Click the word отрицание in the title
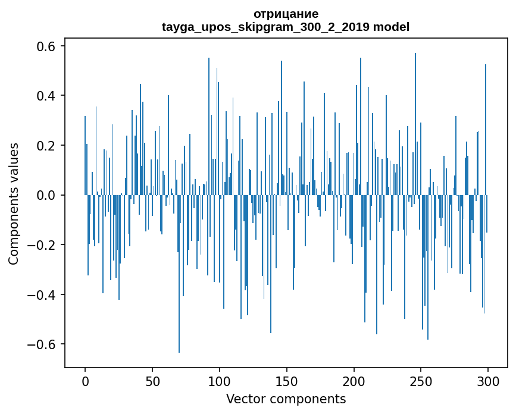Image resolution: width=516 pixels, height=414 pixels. coord(286,14)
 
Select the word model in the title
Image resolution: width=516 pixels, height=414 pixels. coord(391,27)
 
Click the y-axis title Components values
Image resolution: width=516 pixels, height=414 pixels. coord(14,203)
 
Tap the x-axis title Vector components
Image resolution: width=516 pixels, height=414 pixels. coord(286,399)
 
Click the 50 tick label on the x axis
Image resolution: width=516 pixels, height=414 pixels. coord(152,381)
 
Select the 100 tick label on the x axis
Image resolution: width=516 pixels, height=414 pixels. coord(220,381)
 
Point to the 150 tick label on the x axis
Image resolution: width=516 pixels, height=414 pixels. coord(287,381)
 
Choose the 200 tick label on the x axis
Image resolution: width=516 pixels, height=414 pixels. coord(354,381)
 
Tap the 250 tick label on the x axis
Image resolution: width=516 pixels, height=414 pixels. coord(421,381)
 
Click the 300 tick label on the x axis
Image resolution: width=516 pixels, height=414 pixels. coord(489,381)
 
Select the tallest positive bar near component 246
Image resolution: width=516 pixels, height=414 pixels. coord(415,119)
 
